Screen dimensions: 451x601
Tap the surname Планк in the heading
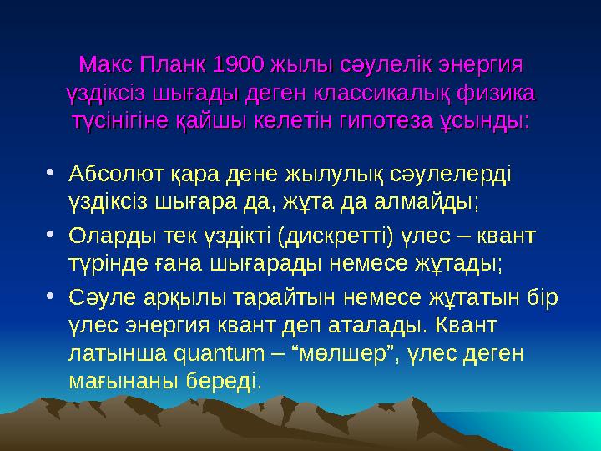pyautogui.click(x=174, y=64)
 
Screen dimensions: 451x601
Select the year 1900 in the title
pyautogui.click(x=240, y=64)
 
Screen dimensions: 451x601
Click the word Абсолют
pyautogui.click(x=114, y=175)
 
